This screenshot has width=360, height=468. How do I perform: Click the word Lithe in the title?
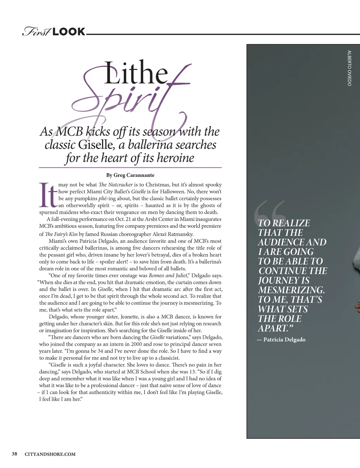pyautogui.click(x=136, y=73)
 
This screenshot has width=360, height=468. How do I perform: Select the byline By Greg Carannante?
pyautogui.click(x=130, y=175)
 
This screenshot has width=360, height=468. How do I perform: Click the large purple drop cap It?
pyautogui.click(x=48, y=195)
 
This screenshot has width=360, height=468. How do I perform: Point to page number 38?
pyautogui.click(x=14, y=454)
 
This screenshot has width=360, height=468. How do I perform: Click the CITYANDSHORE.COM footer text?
pyautogui.click(x=50, y=454)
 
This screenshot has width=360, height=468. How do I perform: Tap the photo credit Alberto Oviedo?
pyautogui.click(x=349, y=68)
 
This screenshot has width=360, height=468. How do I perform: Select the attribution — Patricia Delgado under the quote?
pyautogui.click(x=281, y=340)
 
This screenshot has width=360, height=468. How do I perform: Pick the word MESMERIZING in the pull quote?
pyautogui.click(x=291, y=290)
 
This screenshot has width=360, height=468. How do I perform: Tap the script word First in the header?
pyautogui.click(x=37, y=32)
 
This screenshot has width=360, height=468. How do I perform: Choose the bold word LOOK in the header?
pyautogui.click(x=69, y=32)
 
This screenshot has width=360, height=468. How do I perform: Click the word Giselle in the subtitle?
pyautogui.click(x=96, y=145)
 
